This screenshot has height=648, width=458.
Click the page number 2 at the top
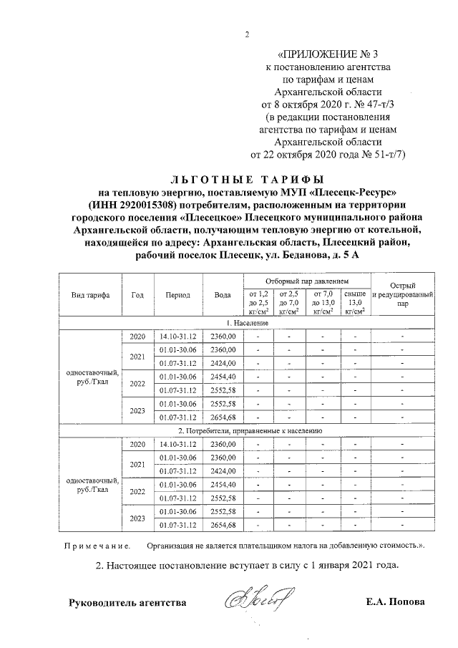point(246,34)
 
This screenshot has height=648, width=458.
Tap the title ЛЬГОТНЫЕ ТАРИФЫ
point(247,178)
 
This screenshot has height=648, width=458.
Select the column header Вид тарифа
point(90,296)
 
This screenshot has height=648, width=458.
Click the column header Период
point(177,296)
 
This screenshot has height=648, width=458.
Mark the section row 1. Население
point(248,324)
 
